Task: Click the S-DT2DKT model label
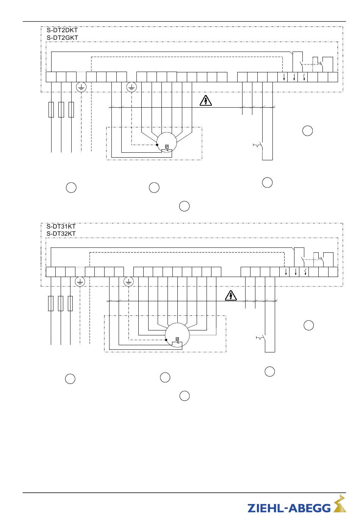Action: click(62, 30)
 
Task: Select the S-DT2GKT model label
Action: click(62, 38)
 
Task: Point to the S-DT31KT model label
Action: click(61, 226)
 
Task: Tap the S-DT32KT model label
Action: click(61, 233)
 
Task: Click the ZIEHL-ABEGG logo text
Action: click(289, 508)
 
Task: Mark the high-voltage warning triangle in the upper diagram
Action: click(206, 100)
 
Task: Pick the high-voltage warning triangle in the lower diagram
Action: click(231, 296)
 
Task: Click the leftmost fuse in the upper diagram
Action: click(51, 110)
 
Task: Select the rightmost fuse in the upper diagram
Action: click(71, 110)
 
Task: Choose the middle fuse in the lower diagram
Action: click(61, 304)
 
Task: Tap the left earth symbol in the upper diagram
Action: click(81, 88)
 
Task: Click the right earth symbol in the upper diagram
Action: click(131, 87)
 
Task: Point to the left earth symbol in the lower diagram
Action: click(80, 282)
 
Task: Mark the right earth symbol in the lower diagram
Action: click(128, 282)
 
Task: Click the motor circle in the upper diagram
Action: click(167, 132)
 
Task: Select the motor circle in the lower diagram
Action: click(177, 323)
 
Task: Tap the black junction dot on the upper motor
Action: click(157, 145)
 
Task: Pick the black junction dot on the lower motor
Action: click(166, 340)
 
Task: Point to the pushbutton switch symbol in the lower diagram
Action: click(261, 338)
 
